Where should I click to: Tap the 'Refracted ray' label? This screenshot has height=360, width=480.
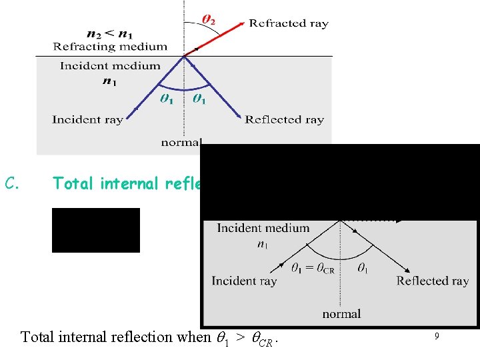point(289,23)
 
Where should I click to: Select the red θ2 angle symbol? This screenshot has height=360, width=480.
point(208,21)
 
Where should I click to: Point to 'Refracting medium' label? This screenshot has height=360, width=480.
point(110,47)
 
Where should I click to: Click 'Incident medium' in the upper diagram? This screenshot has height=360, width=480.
point(110,65)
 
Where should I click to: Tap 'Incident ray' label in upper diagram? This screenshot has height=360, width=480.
point(87,120)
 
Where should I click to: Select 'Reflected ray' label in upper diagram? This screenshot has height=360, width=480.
point(284,120)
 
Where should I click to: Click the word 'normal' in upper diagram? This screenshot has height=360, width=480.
point(180,142)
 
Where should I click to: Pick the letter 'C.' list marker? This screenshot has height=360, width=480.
point(14,183)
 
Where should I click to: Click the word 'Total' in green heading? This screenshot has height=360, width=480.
point(73,183)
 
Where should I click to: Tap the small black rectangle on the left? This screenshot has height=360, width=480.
point(96,230)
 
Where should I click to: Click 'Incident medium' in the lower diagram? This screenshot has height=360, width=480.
point(263,229)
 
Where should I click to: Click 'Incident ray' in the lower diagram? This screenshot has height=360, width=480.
point(244,281)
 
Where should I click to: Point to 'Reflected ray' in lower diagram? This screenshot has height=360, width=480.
point(433,281)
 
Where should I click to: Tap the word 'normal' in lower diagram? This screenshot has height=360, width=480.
point(341,313)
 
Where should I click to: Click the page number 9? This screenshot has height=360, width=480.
point(436,337)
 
